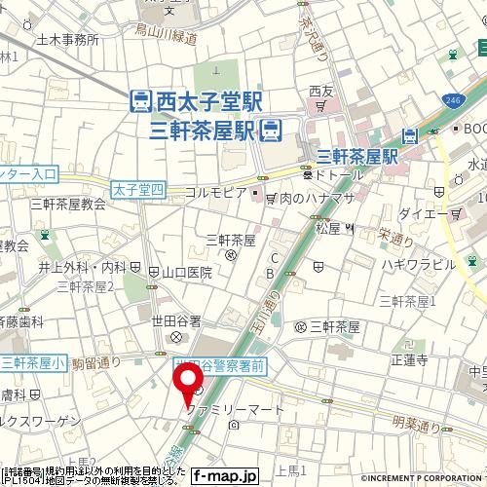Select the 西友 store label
tap(320, 92)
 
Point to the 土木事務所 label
tap(68, 40)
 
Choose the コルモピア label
tap(215, 193)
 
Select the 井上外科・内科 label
tap(83, 266)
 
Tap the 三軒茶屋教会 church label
tap(67, 204)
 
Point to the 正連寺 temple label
tap(409, 359)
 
